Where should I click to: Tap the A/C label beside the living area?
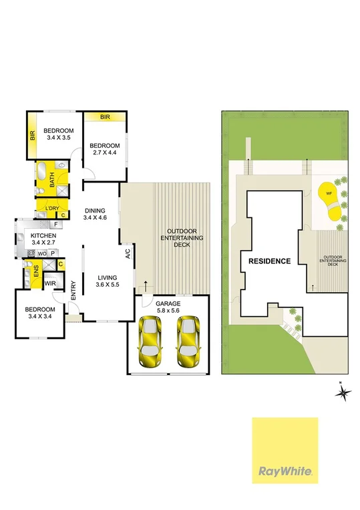(127, 254)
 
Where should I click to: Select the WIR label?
(49, 283)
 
